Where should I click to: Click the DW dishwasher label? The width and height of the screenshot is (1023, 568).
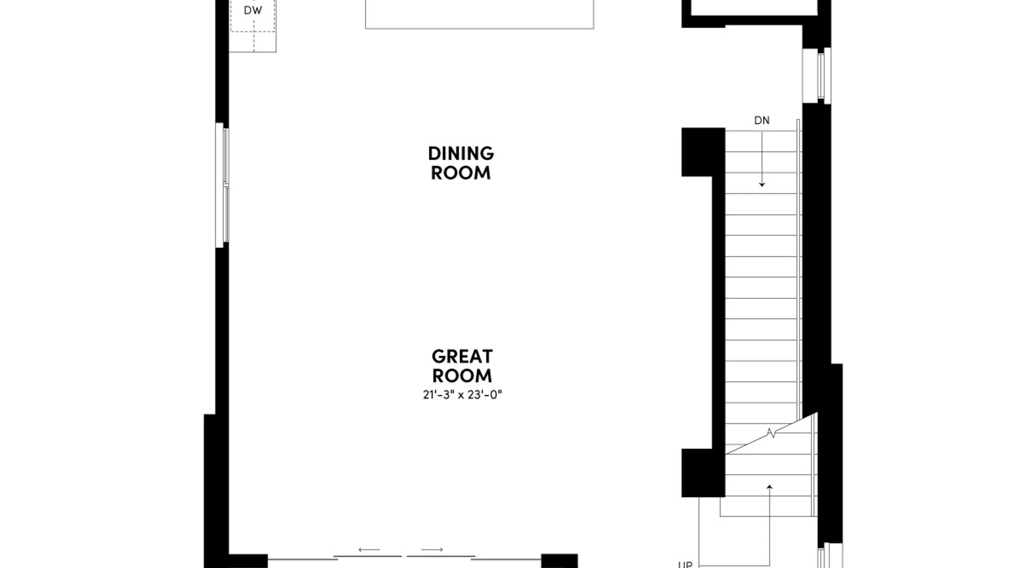point(253,10)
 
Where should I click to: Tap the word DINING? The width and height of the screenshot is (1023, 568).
point(461,153)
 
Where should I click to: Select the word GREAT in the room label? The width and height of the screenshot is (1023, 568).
point(462,357)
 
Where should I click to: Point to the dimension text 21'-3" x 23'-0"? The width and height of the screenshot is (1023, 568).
point(463,395)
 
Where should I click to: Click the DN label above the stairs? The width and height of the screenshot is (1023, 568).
point(762,120)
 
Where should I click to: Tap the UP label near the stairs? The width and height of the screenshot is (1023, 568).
point(685,565)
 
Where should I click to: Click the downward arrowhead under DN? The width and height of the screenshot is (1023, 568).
point(762,185)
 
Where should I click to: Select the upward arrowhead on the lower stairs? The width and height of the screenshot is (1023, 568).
point(770,487)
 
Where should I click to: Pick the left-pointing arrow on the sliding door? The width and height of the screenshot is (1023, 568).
point(369,550)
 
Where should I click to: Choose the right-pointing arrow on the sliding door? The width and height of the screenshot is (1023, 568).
point(432,550)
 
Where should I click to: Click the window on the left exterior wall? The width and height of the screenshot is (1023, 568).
point(222,185)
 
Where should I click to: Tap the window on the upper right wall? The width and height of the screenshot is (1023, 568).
point(821,76)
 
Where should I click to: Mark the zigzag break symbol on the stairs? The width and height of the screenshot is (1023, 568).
point(771,433)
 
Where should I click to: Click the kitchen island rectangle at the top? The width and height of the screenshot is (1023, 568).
point(480,14)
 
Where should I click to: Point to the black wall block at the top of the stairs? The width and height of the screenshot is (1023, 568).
point(703,152)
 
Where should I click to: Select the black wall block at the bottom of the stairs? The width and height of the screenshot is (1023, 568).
point(703,473)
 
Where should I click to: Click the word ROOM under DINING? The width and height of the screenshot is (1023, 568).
point(461,173)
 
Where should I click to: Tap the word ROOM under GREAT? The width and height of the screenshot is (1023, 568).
point(462,375)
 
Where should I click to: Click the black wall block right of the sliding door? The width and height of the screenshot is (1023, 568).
point(559,561)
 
